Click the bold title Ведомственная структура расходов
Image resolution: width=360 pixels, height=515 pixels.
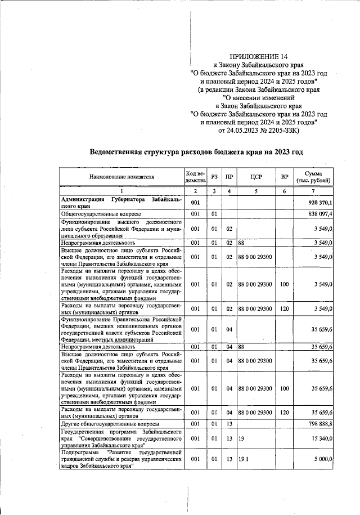tap(197, 152)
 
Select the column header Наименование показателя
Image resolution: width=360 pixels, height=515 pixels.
tap(121, 177)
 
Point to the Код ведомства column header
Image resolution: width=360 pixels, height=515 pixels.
tap(195, 177)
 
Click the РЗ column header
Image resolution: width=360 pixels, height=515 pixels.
tap(214, 177)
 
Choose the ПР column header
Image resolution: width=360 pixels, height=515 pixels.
tap(229, 177)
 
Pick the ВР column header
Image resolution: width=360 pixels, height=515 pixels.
tap(285, 177)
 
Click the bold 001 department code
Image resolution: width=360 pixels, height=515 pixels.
tap(195, 203)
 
